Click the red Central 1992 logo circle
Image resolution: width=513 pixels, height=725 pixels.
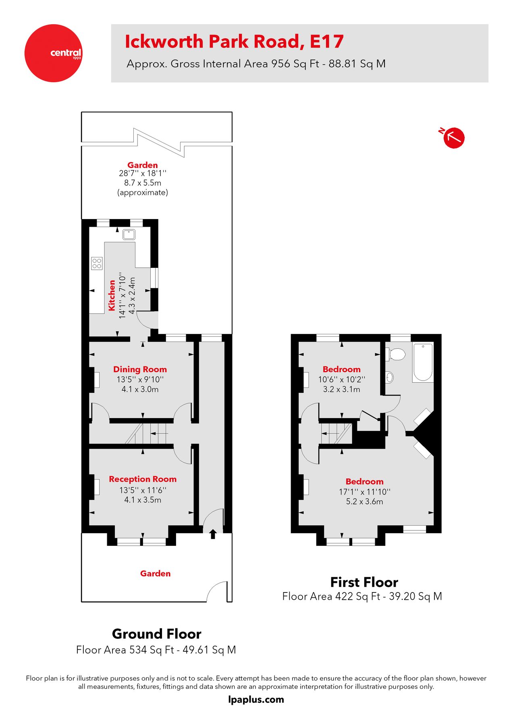(x=53, y=53)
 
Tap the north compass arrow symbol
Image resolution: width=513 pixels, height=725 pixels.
(x=454, y=138)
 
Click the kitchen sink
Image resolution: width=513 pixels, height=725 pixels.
(x=129, y=234)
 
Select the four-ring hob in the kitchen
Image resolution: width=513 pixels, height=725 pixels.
(x=97, y=263)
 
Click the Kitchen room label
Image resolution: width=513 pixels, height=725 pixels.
(x=112, y=295)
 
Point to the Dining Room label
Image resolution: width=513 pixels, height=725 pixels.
(x=140, y=369)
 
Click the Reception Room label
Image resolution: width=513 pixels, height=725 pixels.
(x=143, y=479)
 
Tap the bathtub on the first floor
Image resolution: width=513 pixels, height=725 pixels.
(x=423, y=362)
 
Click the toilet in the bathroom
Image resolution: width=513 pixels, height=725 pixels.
(x=396, y=354)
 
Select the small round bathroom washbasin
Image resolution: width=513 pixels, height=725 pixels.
(x=390, y=377)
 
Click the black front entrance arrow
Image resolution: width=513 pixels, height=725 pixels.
(x=213, y=534)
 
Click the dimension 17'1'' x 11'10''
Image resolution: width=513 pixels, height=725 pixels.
(x=364, y=491)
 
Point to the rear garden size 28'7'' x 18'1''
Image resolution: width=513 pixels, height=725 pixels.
(x=143, y=173)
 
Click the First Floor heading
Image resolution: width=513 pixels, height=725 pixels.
(x=364, y=582)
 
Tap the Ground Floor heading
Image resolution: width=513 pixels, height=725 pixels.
(x=156, y=634)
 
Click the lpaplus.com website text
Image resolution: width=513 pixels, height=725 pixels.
(x=256, y=700)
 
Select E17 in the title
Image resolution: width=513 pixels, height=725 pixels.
(x=326, y=41)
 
